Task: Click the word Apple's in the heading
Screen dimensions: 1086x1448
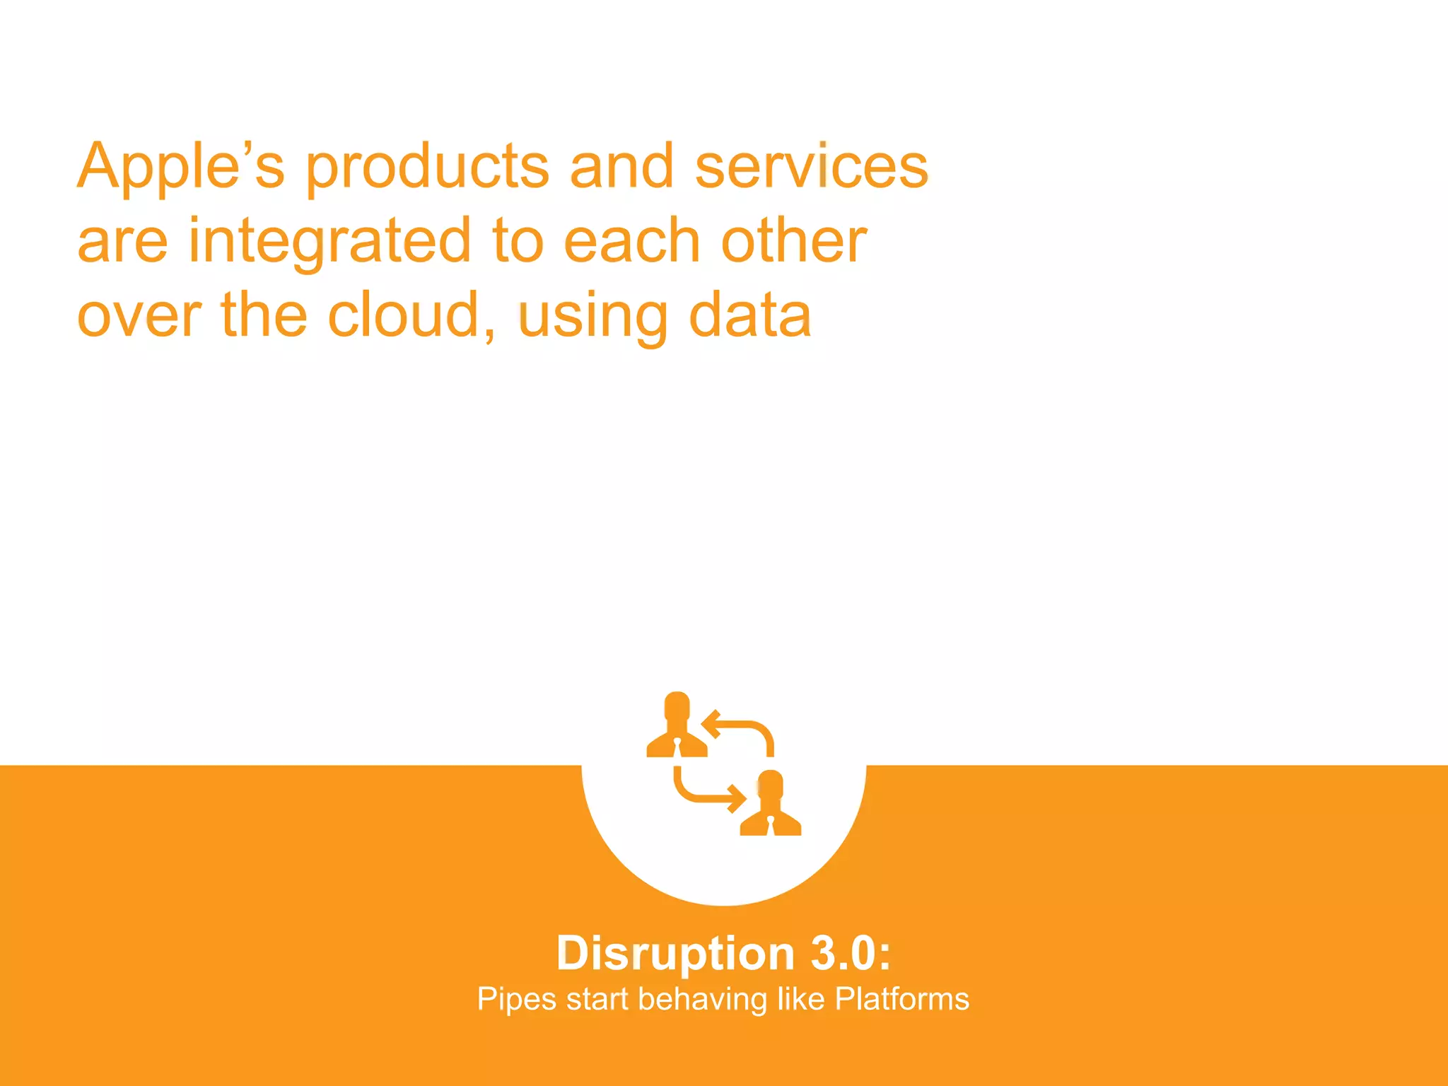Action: pyautogui.click(x=180, y=166)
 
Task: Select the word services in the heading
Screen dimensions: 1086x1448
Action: pyautogui.click(x=811, y=166)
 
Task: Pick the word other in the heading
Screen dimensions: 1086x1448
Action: pyautogui.click(x=793, y=241)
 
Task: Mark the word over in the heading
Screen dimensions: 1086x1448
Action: pyautogui.click(x=139, y=316)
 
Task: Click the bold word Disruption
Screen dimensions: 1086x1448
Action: pyautogui.click(x=675, y=954)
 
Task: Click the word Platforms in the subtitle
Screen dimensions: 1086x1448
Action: pyautogui.click(x=901, y=999)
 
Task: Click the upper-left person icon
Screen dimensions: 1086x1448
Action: pyautogui.click(x=677, y=725)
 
